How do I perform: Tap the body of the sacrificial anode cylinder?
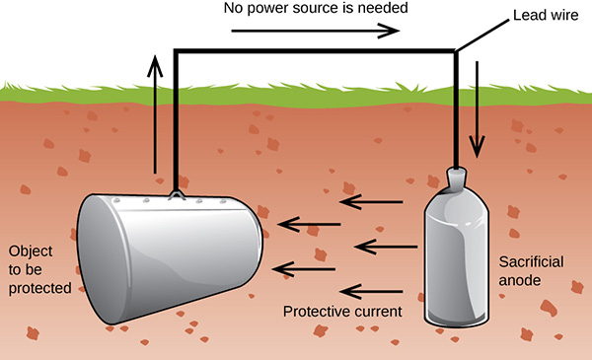click(x=457, y=261)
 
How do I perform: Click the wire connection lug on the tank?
click(x=176, y=194)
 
